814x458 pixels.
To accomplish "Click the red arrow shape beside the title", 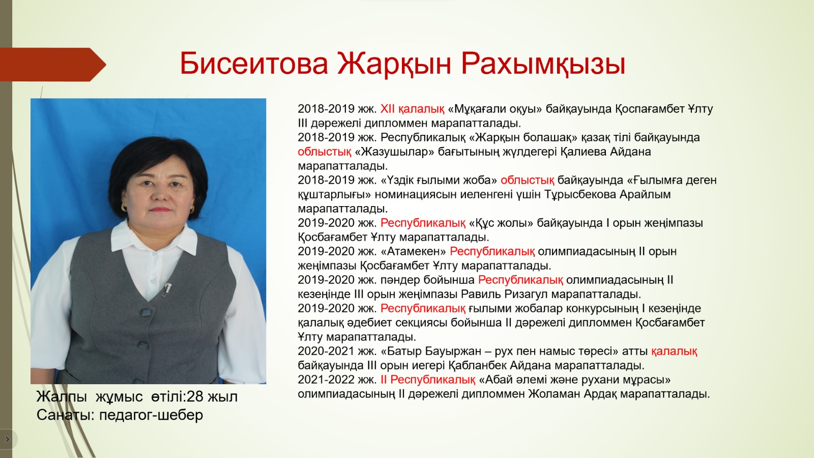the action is (53, 65).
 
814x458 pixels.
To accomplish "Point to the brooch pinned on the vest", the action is (167, 290).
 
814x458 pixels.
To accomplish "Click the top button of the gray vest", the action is (146, 312).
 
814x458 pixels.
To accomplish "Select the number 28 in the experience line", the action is (194, 396).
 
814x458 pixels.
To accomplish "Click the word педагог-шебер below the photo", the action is (151, 415).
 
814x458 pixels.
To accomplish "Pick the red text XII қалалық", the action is (412, 109).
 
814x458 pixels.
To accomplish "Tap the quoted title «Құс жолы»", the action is (501, 223).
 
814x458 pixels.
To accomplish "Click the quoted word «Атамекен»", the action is (414, 251).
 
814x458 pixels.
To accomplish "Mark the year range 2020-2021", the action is (326, 351).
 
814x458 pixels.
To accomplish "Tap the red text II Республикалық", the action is (428, 380).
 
